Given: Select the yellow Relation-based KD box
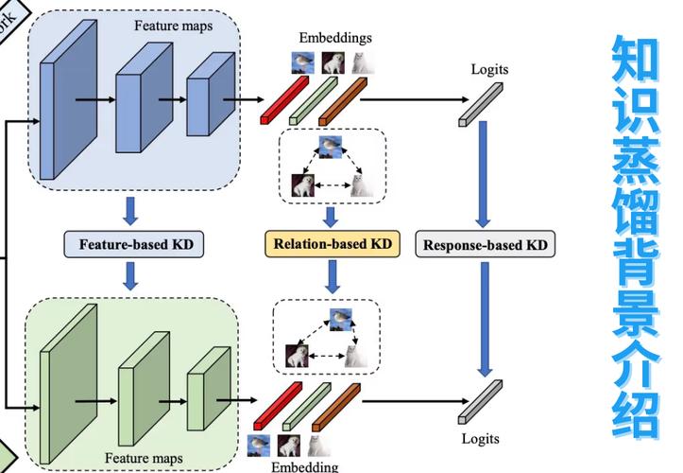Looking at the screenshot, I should click(332, 244).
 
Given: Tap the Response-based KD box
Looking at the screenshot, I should click(485, 245).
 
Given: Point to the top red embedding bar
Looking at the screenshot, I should click(284, 100).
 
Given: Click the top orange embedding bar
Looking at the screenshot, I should click(343, 100).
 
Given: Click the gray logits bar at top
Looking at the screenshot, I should click(480, 103).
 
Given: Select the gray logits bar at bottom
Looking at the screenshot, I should click(479, 402).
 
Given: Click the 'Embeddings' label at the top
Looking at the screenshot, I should click(335, 38).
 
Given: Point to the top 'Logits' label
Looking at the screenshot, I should click(489, 69).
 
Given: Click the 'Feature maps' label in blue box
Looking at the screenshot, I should click(173, 26).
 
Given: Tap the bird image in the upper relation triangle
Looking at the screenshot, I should click(330, 146).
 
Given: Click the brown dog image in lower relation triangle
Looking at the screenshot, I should click(299, 357).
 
